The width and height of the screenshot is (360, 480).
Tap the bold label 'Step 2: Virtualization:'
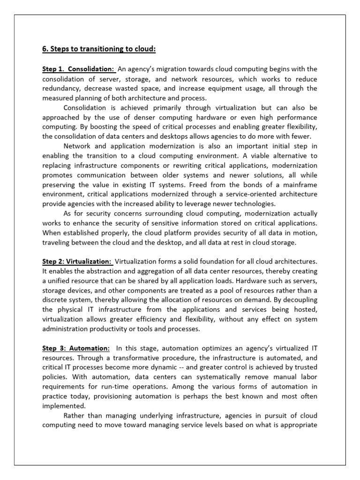click(x=77, y=261)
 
